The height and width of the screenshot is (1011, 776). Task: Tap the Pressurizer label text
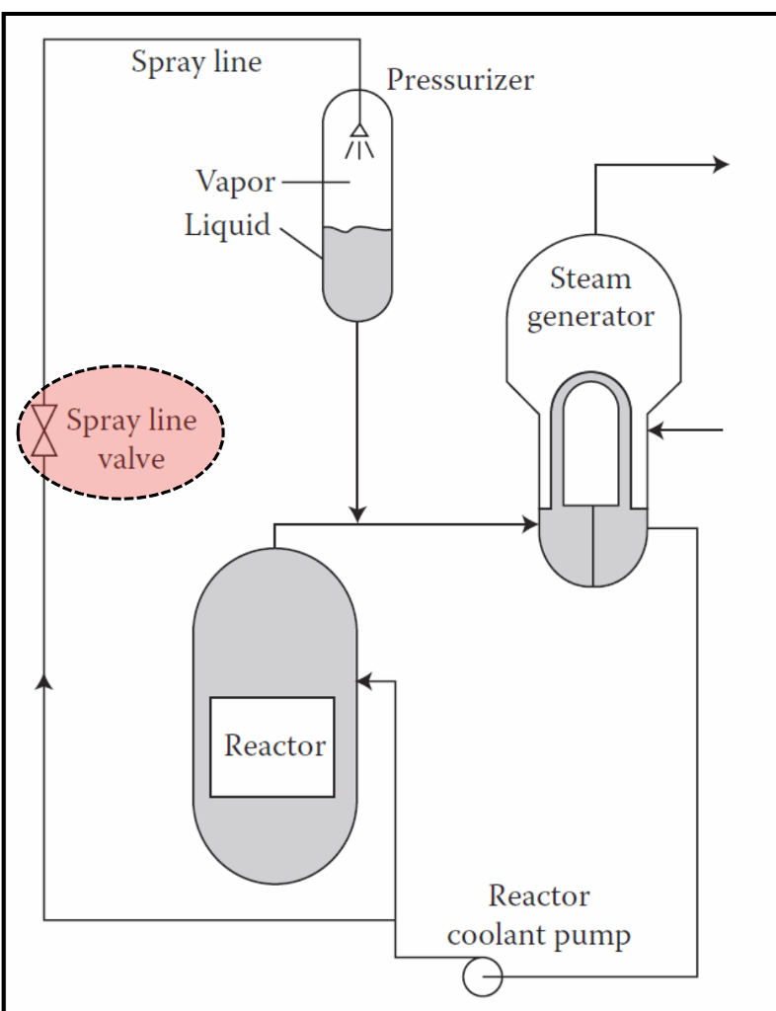point(460,80)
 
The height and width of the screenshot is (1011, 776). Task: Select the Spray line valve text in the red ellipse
point(131,439)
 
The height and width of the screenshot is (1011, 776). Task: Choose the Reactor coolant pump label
point(538,915)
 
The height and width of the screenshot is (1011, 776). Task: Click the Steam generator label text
point(590,297)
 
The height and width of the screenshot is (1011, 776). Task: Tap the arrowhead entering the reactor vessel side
point(364,680)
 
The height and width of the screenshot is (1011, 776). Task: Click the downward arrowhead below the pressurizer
point(357,513)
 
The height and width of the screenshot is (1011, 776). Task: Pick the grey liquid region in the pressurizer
point(357,272)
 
